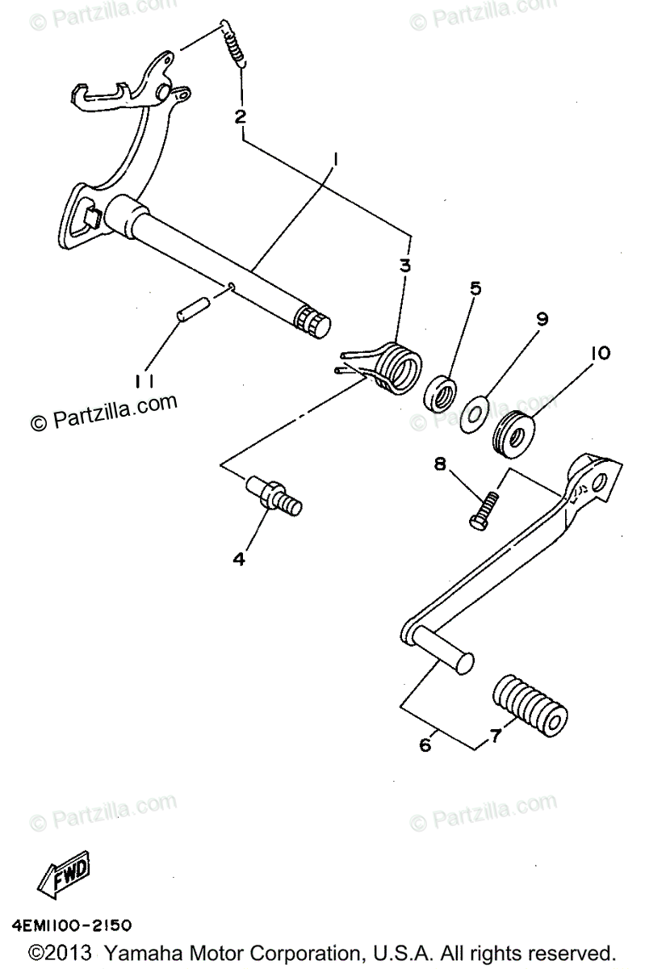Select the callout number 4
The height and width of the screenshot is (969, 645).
point(239,558)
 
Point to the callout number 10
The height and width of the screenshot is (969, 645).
point(600,354)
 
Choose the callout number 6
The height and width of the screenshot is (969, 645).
point(425,745)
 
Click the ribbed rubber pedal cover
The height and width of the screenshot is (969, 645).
point(529,703)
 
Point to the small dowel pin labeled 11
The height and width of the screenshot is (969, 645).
point(193,309)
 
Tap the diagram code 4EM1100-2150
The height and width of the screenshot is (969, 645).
point(72,923)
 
